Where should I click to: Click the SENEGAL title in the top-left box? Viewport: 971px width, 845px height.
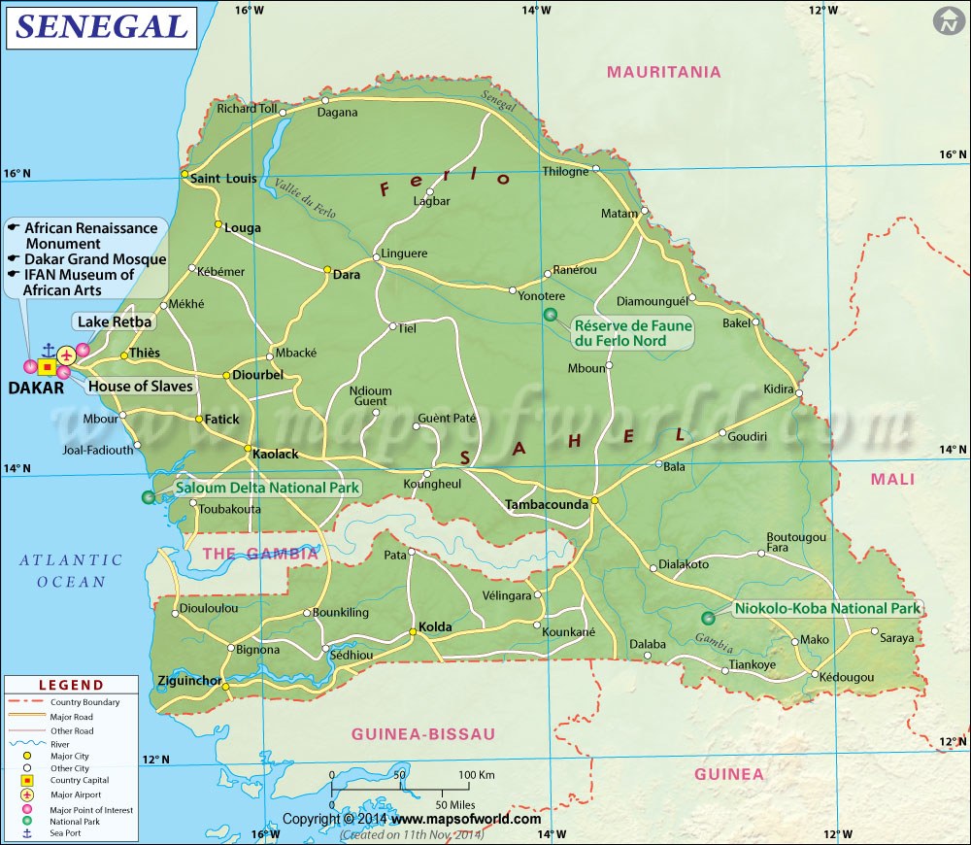pyautogui.click(x=100, y=27)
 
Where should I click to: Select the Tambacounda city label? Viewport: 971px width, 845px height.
pyautogui.click(x=547, y=505)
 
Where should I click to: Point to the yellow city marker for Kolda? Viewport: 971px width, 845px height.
pyautogui.click(x=413, y=632)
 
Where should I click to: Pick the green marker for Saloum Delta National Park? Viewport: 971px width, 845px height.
pyautogui.click(x=148, y=497)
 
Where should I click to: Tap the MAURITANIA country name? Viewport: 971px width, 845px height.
pyautogui.click(x=663, y=72)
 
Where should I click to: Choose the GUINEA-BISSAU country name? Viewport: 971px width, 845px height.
pyautogui.click(x=423, y=733)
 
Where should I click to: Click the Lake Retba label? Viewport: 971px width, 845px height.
pyautogui.click(x=114, y=321)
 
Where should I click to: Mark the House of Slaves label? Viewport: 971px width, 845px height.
pyautogui.click(x=141, y=387)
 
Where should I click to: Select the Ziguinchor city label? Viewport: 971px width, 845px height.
pyautogui.click(x=189, y=681)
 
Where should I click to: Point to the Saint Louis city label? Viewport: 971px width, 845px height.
pyautogui.click(x=223, y=179)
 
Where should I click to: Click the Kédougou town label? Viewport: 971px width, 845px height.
pyautogui.click(x=846, y=677)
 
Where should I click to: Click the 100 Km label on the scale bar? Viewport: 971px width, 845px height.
pyautogui.click(x=477, y=774)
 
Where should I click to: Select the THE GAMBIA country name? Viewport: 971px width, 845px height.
pyautogui.click(x=260, y=554)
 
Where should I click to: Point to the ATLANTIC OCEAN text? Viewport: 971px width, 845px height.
pyautogui.click(x=72, y=570)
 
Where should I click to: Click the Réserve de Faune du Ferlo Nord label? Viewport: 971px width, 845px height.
pyautogui.click(x=633, y=333)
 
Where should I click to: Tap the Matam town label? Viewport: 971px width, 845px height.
pyautogui.click(x=619, y=214)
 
